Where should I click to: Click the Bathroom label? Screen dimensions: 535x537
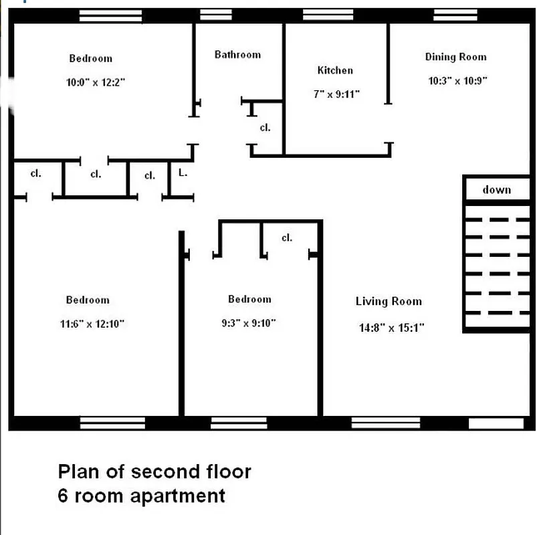tap(237, 55)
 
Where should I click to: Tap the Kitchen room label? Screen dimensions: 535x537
tap(335, 70)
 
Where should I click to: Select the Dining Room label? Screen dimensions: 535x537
tap(456, 57)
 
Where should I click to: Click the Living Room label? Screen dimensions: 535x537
tap(389, 302)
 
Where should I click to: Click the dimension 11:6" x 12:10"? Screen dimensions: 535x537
tap(92, 324)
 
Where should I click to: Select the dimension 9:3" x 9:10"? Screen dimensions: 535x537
tap(249, 323)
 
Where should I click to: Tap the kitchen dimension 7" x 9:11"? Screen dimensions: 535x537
tap(336, 94)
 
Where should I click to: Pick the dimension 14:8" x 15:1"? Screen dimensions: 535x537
tap(392, 328)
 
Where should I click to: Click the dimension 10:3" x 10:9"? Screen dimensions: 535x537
tap(458, 81)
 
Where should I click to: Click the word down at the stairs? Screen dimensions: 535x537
tap(497, 190)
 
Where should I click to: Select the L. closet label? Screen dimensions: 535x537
tap(183, 173)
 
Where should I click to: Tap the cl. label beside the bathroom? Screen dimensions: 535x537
tap(265, 128)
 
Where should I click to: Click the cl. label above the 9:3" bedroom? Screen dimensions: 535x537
tap(287, 237)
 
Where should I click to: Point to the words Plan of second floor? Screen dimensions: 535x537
tap(154, 471)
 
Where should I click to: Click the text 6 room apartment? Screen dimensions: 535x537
tap(141, 496)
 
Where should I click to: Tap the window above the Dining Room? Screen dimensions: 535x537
tap(455, 15)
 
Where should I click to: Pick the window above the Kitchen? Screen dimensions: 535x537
tap(328, 15)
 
